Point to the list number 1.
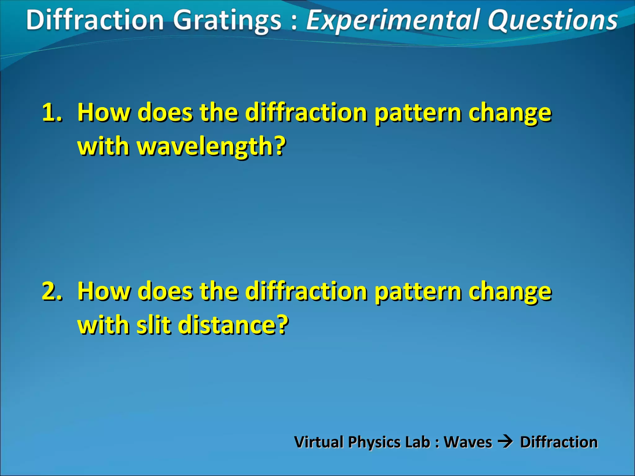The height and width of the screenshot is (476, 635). tap(52, 112)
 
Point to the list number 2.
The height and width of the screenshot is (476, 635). tap(52, 291)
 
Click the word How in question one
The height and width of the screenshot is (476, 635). tap(104, 112)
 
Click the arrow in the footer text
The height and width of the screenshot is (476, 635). tap(506, 441)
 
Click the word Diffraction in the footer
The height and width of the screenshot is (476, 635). tap(559, 442)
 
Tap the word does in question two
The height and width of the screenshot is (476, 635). tap(165, 291)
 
